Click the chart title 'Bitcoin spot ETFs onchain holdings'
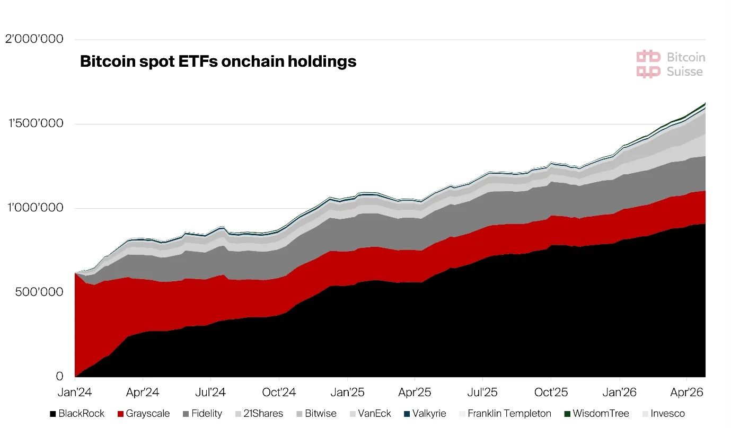coord(218,61)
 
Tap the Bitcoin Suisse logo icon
coord(648,64)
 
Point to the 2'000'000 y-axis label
coord(34,39)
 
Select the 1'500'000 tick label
coord(36,123)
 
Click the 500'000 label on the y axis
coord(39,292)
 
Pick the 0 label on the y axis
coord(59,376)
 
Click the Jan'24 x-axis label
coord(75,392)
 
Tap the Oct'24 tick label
coord(279,392)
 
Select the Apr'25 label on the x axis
coord(415,392)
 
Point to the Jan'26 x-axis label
coord(619,392)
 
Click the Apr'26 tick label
coord(686,392)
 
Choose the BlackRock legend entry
coord(77,414)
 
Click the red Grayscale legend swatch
coord(120,414)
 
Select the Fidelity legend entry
coord(202,414)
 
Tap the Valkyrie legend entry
coord(425,414)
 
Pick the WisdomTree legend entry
coord(596,414)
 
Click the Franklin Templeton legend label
coord(509,414)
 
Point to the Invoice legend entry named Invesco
coord(664,414)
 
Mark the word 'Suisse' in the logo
coord(685,72)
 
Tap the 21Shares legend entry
coord(259,414)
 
